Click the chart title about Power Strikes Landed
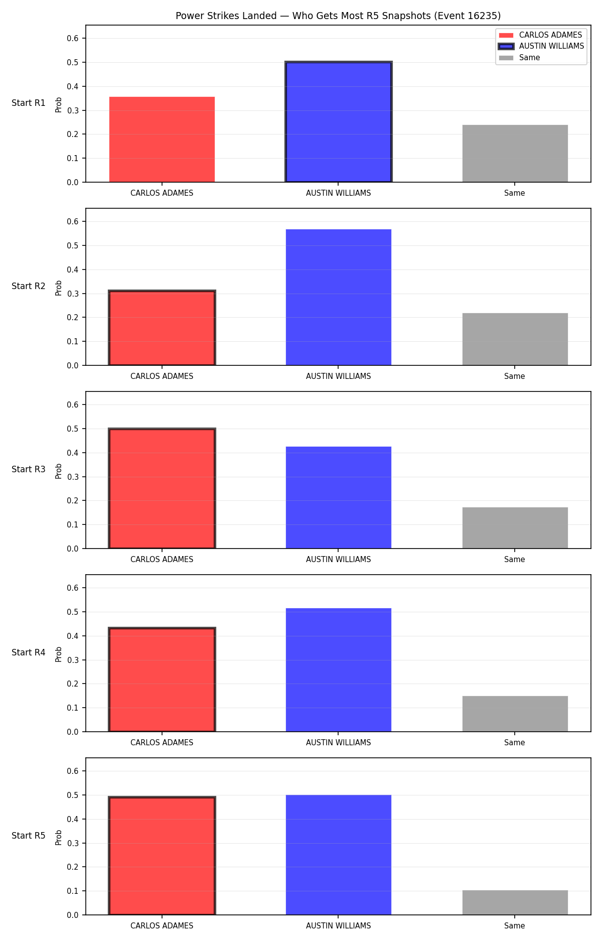pyautogui.click(x=338, y=16)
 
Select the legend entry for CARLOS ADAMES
pyautogui.click(x=540, y=35)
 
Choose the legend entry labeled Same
pyautogui.click(x=519, y=58)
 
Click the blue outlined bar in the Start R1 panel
pyautogui.click(x=339, y=122)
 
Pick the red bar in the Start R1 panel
pyautogui.click(x=162, y=140)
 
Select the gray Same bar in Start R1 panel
pyautogui.click(x=515, y=154)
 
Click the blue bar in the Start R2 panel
pyautogui.click(x=339, y=297)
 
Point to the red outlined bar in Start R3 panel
pyautogui.click(x=162, y=488)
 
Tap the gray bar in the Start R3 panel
pyautogui.click(x=515, y=528)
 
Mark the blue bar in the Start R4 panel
pyautogui.click(x=339, y=670)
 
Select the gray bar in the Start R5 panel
pyautogui.click(x=515, y=902)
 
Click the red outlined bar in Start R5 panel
pyautogui.click(x=162, y=856)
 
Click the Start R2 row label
pyautogui.click(x=29, y=286)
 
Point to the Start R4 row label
pyautogui.click(x=29, y=652)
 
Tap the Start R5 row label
pyautogui.click(x=29, y=836)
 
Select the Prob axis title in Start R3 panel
pyautogui.click(x=59, y=471)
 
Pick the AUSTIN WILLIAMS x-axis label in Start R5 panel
pyautogui.click(x=339, y=925)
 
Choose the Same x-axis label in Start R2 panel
pyautogui.click(x=515, y=376)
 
